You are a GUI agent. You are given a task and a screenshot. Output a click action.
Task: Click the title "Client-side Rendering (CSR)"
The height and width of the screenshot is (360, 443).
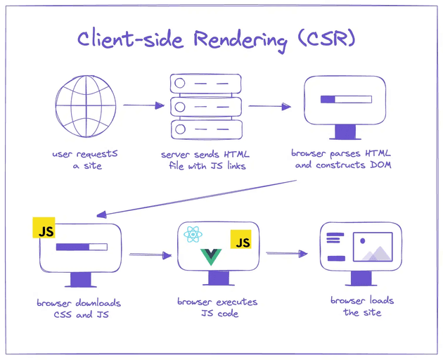coord(216,40)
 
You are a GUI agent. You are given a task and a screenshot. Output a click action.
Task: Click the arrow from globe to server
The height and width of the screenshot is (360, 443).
coord(139,106)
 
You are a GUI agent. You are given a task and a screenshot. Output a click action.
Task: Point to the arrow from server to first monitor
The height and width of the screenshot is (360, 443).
coord(270,107)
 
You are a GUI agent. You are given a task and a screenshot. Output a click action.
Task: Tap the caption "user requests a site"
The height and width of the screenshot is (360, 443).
coord(77,160)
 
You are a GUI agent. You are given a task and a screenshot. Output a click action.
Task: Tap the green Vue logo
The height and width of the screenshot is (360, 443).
coord(212,257)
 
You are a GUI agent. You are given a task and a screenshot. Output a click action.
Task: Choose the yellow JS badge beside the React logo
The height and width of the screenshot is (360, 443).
coord(242,243)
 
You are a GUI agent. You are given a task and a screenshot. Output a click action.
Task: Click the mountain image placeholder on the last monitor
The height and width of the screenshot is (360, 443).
coord(372,248)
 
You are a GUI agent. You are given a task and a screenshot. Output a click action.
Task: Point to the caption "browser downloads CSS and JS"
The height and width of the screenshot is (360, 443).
coord(79,309)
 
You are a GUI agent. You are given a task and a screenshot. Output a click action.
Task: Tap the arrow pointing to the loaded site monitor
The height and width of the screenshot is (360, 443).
coord(287,253)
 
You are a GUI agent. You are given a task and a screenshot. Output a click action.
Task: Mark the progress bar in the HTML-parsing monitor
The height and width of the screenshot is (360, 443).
coord(344,100)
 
